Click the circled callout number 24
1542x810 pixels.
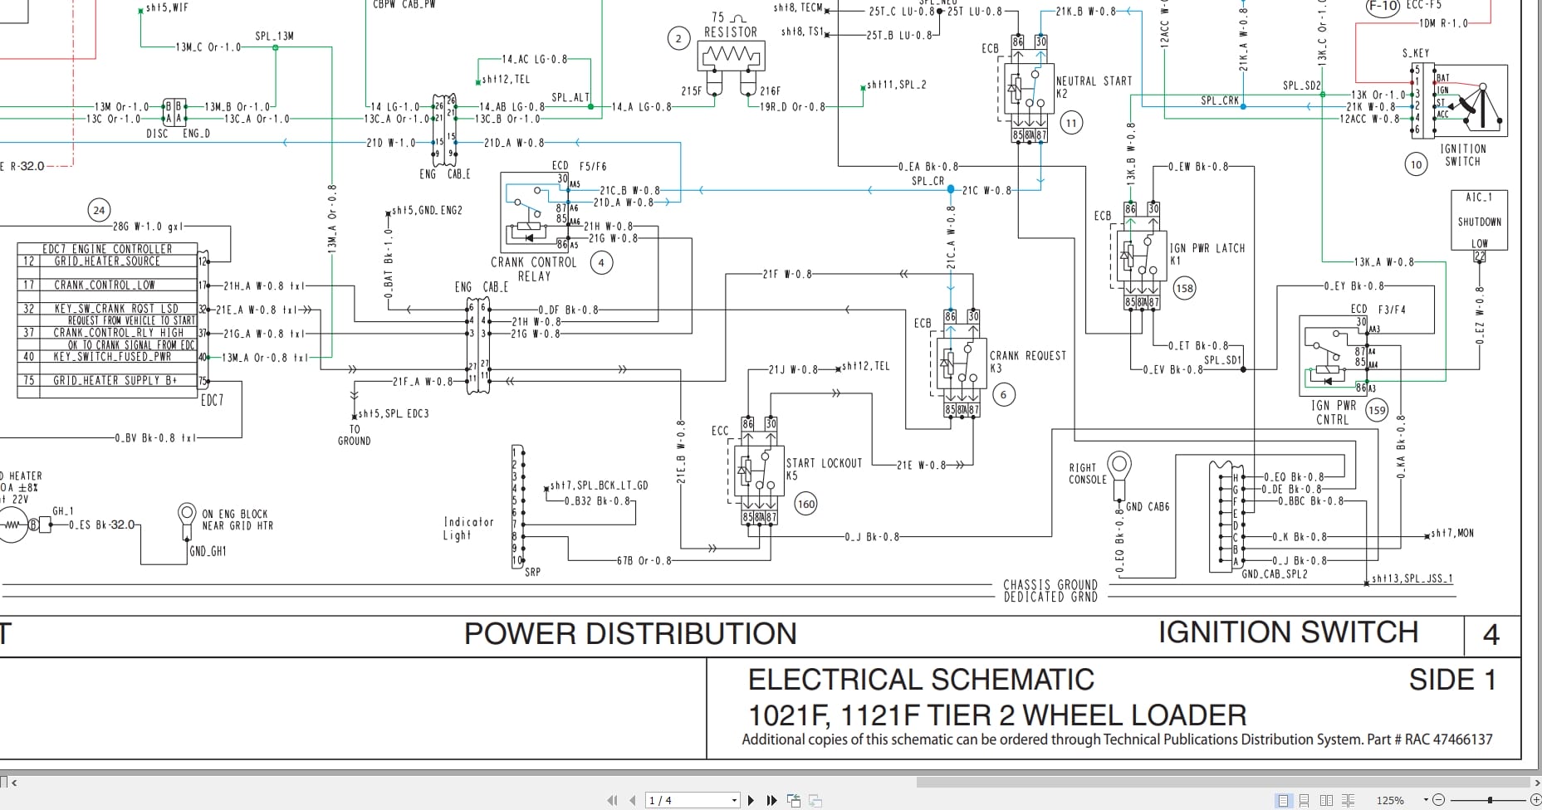(99, 210)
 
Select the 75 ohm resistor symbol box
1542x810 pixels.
(731, 56)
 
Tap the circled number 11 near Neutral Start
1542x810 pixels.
(1071, 124)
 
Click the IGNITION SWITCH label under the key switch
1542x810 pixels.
(1463, 155)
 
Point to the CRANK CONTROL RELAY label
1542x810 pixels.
(533, 269)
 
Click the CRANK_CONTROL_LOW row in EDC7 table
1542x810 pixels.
(105, 285)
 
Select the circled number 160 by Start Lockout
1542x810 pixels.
(805, 504)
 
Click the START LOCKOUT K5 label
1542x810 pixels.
(824, 469)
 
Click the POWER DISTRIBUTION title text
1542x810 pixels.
(629, 634)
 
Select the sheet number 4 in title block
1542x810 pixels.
(1491, 636)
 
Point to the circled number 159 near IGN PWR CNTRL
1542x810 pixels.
(1377, 410)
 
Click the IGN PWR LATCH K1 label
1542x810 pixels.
(1206, 253)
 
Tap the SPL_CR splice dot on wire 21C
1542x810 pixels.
(951, 189)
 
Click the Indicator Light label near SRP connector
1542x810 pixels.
(468, 529)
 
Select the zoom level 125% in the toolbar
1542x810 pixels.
(1390, 800)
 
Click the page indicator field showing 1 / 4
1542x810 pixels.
(692, 800)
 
